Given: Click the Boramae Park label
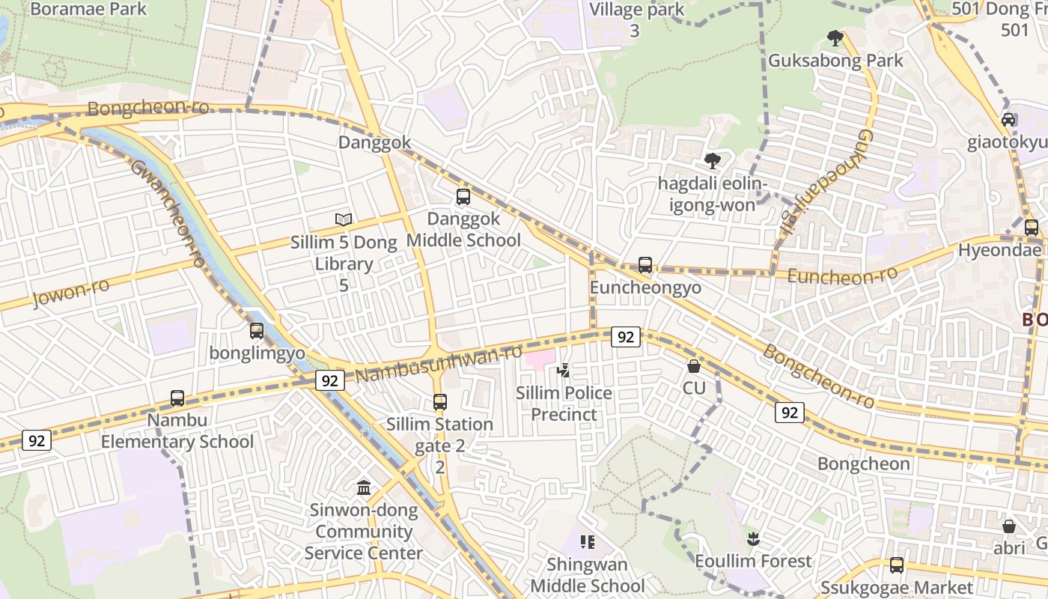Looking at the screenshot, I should pyautogui.click(x=88, y=10).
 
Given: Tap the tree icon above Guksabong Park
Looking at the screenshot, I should pyautogui.click(x=835, y=38).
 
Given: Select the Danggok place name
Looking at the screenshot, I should pyautogui.click(x=374, y=142).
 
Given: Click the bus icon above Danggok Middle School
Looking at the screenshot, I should pyautogui.click(x=463, y=197).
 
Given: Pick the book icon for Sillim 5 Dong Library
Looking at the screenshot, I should pyautogui.click(x=344, y=219).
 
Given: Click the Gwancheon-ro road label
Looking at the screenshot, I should pyautogui.click(x=168, y=213).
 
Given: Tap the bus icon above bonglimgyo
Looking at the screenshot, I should pyautogui.click(x=257, y=330).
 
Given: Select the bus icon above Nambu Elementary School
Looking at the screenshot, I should pyautogui.click(x=177, y=398).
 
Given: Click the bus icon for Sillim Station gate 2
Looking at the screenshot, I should pyautogui.click(x=440, y=402).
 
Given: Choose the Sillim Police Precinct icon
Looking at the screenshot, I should pyautogui.click(x=564, y=370).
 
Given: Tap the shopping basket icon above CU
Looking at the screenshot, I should pyautogui.click(x=694, y=366).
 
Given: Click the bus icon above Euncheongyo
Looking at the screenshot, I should pyautogui.click(x=645, y=265).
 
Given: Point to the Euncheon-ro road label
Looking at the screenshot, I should pyautogui.click(x=842, y=276).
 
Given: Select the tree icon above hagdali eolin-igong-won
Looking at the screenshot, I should pyautogui.click(x=712, y=160).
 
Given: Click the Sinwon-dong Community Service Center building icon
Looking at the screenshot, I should pyautogui.click(x=364, y=488).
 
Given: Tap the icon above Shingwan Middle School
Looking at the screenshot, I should pyautogui.click(x=588, y=541).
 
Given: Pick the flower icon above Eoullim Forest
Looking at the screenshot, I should pyautogui.click(x=753, y=538).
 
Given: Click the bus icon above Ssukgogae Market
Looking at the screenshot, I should pyautogui.click(x=896, y=565).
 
